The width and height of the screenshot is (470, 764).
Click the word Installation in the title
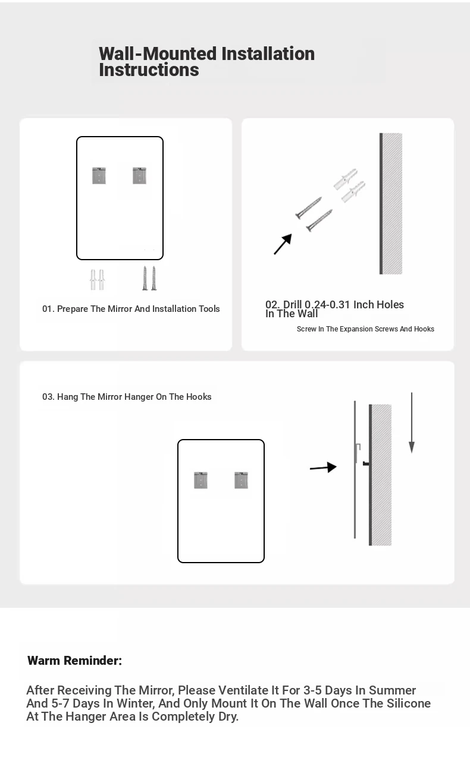click(x=268, y=54)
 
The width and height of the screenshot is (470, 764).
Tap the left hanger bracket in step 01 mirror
click(x=99, y=176)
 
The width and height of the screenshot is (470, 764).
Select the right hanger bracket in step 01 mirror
click(x=139, y=176)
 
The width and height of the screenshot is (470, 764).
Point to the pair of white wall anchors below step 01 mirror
click(x=98, y=280)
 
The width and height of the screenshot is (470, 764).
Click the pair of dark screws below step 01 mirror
click(x=149, y=278)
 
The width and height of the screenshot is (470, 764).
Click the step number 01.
click(x=48, y=309)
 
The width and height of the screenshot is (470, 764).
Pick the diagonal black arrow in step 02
click(x=283, y=244)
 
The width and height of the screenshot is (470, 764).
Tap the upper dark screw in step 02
click(x=308, y=208)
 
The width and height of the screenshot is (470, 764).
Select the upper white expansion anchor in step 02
click(x=346, y=178)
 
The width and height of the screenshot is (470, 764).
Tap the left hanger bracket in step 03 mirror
click(x=201, y=480)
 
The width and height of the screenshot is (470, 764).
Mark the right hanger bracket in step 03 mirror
click(x=241, y=480)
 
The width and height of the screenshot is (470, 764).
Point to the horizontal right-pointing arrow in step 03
click(x=323, y=468)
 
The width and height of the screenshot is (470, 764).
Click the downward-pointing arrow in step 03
click(x=412, y=423)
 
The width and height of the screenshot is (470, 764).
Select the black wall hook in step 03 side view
click(x=366, y=463)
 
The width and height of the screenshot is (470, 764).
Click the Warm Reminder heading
click(x=74, y=661)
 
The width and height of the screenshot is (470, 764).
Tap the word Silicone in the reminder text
click(x=409, y=703)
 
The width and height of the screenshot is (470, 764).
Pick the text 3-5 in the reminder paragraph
click(x=312, y=690)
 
